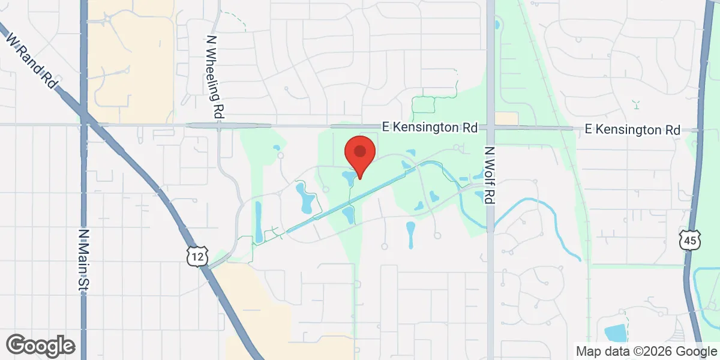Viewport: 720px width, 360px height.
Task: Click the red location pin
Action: click(x=359, y=154)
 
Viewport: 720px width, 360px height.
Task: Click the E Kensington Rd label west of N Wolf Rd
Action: click(x=430, y=128)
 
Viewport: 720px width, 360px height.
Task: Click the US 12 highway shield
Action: click(x=197, y=256)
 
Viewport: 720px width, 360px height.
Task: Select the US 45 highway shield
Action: click(x=689, y=240)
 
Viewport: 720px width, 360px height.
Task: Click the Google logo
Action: click(x=41, y=345)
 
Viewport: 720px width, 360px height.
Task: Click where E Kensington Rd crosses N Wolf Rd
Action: click(x=490, y=127)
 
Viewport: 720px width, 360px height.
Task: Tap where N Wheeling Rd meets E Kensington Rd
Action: click(x=219, y=125)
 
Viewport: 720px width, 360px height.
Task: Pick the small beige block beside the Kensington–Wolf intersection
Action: click(x=508, y=118)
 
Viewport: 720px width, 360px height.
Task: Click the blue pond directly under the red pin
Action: click(x=348, y=178)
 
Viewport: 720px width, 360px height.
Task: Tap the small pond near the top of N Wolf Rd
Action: click(x=497, y=26)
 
